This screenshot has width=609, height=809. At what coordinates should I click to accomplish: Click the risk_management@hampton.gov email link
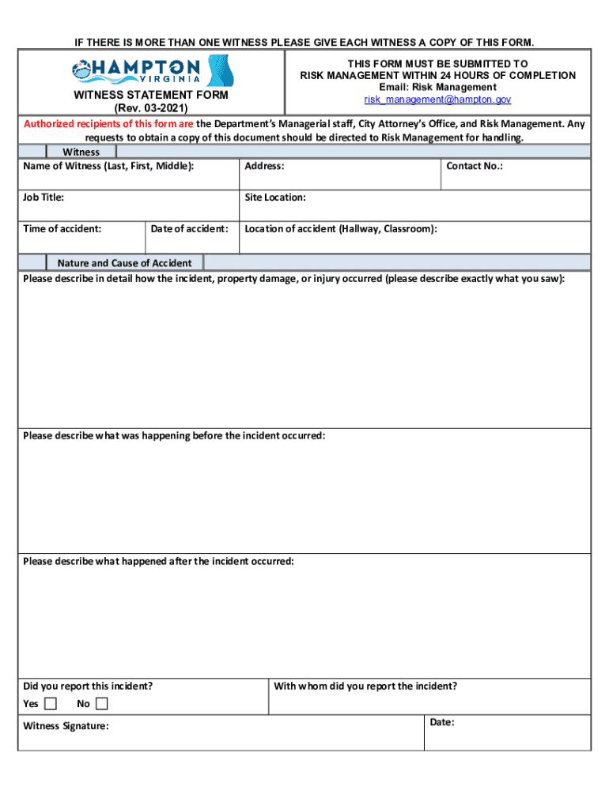tap(437, 100)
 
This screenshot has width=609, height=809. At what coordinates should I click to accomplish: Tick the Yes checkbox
tap(51, 704)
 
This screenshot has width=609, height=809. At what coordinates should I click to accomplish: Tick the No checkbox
tap(102, 704)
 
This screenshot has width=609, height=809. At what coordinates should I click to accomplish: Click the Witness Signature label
tap(66, 726)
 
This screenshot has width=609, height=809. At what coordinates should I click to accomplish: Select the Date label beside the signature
tap(442, 722)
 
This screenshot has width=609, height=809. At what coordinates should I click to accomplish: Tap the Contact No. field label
tap(475, 166)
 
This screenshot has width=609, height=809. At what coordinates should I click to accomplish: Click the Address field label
tap(264, 166)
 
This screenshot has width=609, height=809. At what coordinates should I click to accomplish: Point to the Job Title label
tap(43, 198)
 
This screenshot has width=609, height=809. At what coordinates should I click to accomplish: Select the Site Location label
tap(275, 198)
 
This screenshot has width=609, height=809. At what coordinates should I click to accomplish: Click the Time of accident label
tap(62, 229)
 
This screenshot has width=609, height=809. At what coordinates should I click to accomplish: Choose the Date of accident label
tap(190, 229)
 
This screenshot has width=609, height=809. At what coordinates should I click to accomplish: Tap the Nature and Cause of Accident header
tap(124, 263)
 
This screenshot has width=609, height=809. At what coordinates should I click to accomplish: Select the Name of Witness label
tap(108, 166)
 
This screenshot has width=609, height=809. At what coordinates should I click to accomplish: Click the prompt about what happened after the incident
tap(158, 561)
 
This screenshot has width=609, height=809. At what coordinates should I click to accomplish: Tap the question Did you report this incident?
tap(88, 686)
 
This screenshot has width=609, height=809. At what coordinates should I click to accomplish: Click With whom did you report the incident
tap(365, 686)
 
